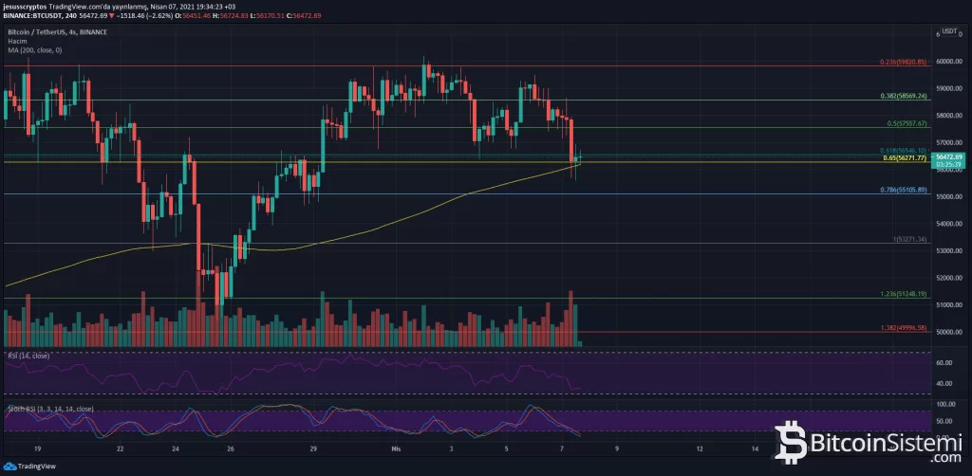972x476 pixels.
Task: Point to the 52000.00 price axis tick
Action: click(x=949, y=278)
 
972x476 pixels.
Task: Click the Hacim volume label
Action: click(x=17, y=41)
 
